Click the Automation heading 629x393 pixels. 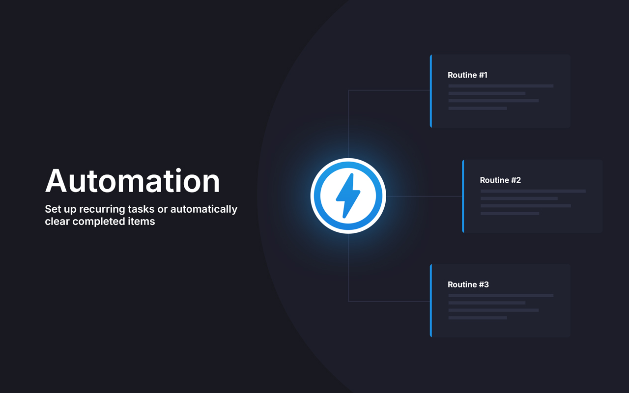(x=132, y=181)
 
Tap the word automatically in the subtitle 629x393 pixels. (x=204, y=209)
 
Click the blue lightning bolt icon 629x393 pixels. (x=348, y=196)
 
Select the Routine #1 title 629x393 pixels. (x=467, y=75)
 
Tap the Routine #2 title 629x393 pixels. (x=500, y=180)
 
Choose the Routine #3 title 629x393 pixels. (x=468, y=284)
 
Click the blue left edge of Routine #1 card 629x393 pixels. (x=431, y=91)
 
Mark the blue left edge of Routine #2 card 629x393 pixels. (x=463, y=196)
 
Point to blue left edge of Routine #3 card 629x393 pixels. (x=431, y=301)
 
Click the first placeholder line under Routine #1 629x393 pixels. (x=501, y=86)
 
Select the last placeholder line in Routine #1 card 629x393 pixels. (x=478, y=109)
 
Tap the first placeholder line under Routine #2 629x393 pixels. (x=533, y=191)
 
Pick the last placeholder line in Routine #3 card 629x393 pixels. (x=478, y=318)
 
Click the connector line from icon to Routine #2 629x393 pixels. (x=424, y=196)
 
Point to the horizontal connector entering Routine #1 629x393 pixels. (x=389, y=90)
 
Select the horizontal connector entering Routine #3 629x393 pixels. (x=389, y=302)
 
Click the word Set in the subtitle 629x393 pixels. (x=53, y=209)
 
